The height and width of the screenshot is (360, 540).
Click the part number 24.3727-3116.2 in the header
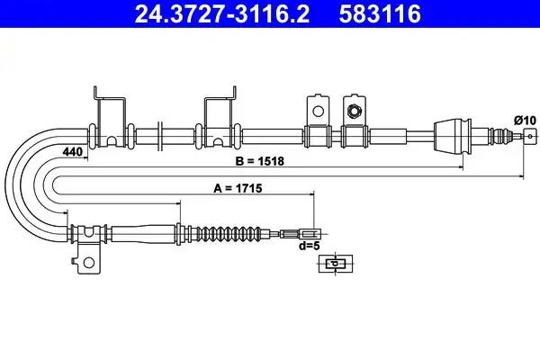tap(222, 14)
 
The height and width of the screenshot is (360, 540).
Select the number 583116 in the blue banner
tap(380, 14)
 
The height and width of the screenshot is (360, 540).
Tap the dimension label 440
tap(73, 151)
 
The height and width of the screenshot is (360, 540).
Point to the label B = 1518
tap(260, 161)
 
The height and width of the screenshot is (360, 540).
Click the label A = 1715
tap(238, 188)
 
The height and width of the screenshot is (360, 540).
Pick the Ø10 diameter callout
tap(526, 121)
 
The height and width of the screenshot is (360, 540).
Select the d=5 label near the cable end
tap(310, 246)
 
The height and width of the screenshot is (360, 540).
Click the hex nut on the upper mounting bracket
tap(354, 111)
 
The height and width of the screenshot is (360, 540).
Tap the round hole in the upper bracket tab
tap(318, 112)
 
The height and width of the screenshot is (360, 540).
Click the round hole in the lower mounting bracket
tap(89, 263)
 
